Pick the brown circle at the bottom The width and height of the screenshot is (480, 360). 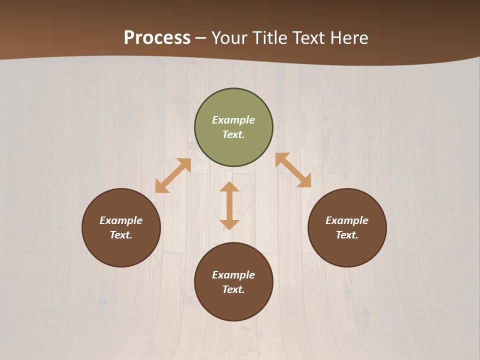click(x=233, y=305)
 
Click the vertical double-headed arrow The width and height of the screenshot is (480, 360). click(x=229, y=205)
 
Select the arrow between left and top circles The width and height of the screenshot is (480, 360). click(x=173, y=175)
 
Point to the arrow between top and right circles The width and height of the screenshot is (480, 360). click(x=293, y=170)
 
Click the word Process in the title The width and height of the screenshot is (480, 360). click(x=157, y=37)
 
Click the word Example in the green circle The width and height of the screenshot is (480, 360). click(x=233, y=120)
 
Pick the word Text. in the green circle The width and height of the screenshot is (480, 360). click(x=233, y=134)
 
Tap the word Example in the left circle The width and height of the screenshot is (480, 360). click(x=121, y=220)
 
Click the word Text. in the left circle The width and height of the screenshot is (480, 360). click(x=121, y=235)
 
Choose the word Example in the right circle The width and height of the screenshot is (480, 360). click(x=347, y=220)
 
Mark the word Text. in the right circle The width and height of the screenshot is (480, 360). click(x=347, y=235)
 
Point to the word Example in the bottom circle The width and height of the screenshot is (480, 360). click(x=233, y=275)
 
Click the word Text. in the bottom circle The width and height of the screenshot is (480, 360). click(x=233, y=289)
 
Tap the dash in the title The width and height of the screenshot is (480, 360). click(x=201, y=38)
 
